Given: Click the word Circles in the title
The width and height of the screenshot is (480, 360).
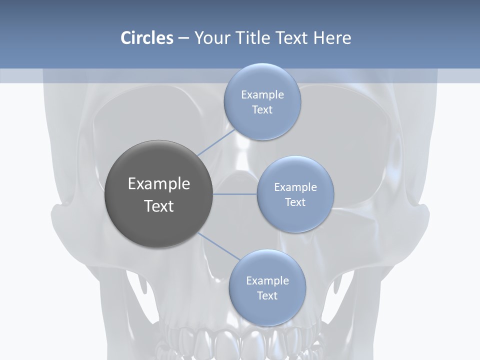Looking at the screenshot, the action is [x=146, y=38].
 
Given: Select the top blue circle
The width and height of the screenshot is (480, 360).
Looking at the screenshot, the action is [x=262, y=125].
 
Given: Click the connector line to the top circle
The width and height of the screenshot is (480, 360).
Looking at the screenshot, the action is [x=216, y=142].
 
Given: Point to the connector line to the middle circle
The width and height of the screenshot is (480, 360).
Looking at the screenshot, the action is [x=235, y=194].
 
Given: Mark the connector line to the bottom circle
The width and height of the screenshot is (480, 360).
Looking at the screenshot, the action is [x=218, y=246].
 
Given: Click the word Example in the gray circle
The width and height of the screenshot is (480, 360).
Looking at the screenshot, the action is [x=159, y=184].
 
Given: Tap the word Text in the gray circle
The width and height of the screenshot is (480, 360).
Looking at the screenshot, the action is [x=159, y=206].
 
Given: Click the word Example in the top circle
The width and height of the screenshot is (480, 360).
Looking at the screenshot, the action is [x=262, y=94].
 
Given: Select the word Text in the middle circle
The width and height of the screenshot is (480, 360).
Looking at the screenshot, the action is [x=295, y=202].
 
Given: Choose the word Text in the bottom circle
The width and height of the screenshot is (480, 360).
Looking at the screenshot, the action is [x=267, y=295].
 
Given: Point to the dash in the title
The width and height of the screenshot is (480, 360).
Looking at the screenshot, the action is [x=183, y=38].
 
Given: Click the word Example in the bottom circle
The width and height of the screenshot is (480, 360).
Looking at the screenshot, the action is [x=267, y=280].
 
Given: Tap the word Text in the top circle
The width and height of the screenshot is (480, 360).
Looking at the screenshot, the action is [x=262, y=109].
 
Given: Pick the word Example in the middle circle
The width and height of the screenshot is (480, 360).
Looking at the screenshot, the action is [x=295, y=187].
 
